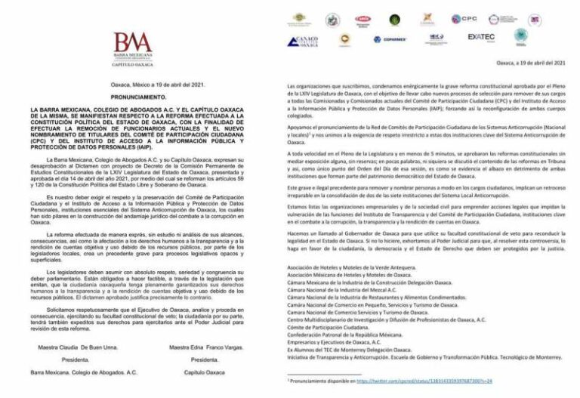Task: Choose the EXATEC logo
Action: (481, 36)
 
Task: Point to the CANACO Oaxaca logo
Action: (303, 40)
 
